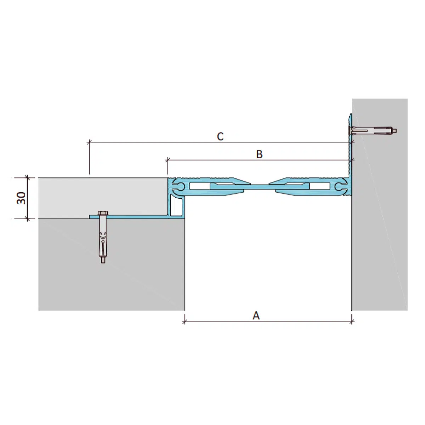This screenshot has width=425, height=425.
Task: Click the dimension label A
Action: point(256,316)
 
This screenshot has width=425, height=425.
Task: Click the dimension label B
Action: point(259,154)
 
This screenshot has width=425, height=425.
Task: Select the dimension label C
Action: point(220,136)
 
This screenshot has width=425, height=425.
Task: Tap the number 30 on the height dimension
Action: point(21,198)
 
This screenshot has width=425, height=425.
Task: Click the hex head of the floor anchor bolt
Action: point(103,213)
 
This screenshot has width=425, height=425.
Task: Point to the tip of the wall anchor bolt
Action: point(396,131)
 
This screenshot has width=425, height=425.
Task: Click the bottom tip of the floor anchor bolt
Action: point(103,262)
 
